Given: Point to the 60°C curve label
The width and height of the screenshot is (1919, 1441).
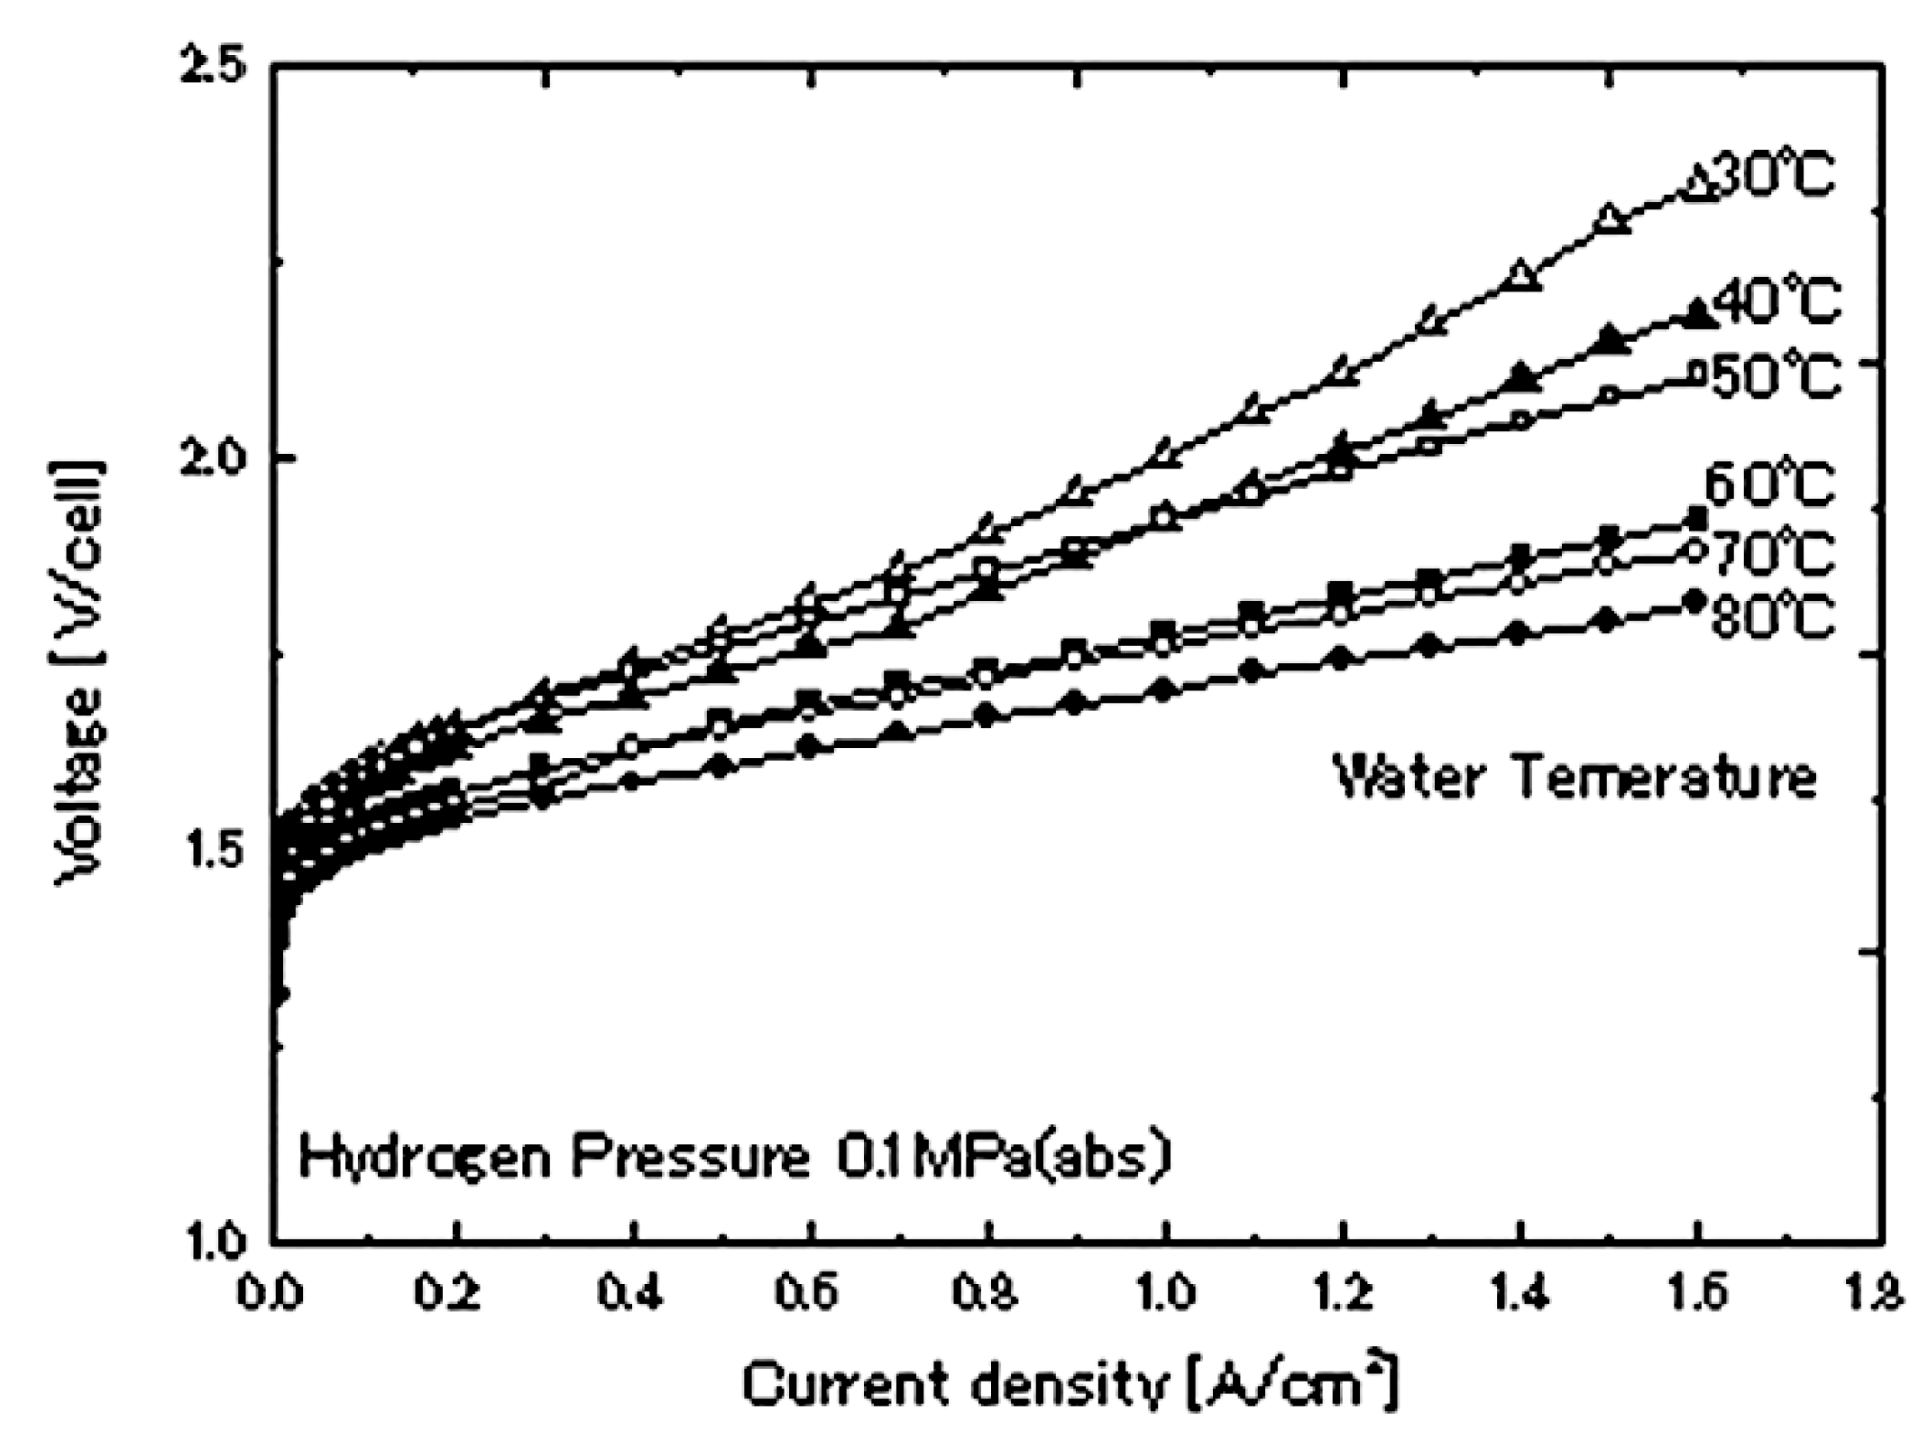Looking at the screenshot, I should coord(1768,485).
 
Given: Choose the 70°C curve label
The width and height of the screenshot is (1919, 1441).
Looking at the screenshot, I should coord(1773,552).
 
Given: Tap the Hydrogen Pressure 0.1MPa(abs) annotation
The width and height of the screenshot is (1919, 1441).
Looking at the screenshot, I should coord(735,1158).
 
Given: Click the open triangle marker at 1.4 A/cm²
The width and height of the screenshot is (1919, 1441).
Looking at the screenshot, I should coord(1521,274).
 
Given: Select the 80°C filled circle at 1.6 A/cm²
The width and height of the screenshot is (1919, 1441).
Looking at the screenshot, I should coord(1694,600).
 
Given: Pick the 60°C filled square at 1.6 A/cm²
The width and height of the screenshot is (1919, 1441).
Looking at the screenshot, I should coord(1696,519).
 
